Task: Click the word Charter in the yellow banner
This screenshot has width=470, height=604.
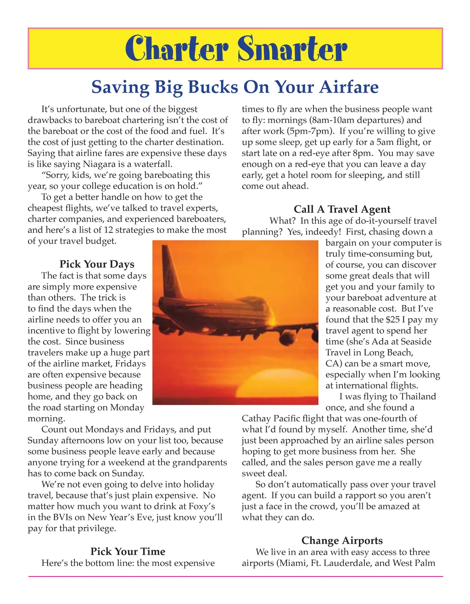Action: tap(177, 49)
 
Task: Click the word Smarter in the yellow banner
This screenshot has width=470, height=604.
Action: tap(292, 49)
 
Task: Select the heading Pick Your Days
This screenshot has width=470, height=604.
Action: tap(97, 264)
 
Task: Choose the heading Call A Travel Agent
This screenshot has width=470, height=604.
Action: tap(342, 210)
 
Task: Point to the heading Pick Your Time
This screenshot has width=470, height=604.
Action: tap(128, 552)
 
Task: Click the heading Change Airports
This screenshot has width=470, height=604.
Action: tap(342, 541)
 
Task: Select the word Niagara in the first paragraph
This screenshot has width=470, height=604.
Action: tap(100, 164)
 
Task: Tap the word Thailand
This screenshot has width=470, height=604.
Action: tap(418, 397)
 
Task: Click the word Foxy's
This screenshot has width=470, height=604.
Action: tap(200, 507)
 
